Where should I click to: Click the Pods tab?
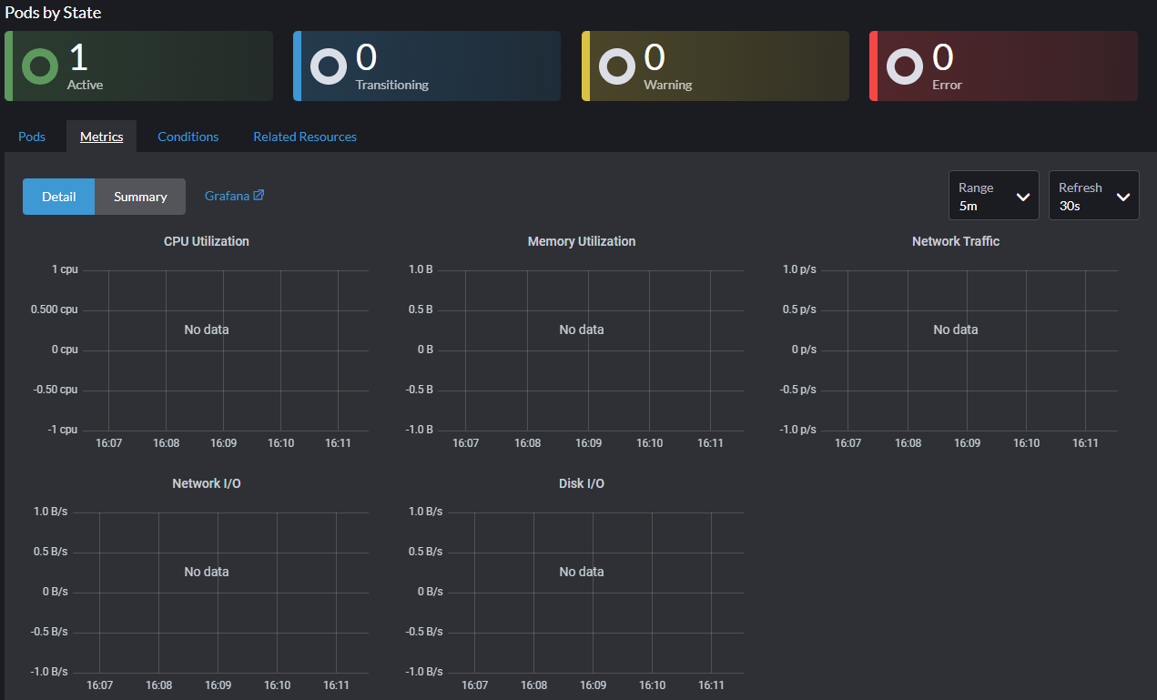click(x=32, y=137)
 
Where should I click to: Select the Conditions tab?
click(x=188, y=137)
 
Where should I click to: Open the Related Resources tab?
click(x=305, y=137)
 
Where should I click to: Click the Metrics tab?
click(x=101, y=137)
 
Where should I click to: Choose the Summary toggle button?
click(x=140, y=197)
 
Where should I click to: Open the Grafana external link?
click(x=234, y=196)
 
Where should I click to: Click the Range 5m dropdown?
click(x=993, y=196)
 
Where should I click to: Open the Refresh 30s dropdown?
click(x=1093, y=196)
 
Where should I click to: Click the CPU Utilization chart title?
click(x=207, y=241)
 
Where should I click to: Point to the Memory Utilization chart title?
click(x=582, y=241)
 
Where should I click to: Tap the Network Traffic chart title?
click(x=956, y=241)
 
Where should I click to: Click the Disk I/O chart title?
click(x=582, y=483)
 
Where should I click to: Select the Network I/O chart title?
click(x=207, y=483)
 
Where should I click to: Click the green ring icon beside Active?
click(x=40, y=66)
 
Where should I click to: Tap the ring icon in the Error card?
click(x=905, y=66)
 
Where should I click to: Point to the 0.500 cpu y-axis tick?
click(x=54, y=309)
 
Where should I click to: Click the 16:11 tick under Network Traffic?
click(x=1085, y=443)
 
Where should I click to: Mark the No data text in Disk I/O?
click(x=582, y=572)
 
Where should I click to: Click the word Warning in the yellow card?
click(x=667, y=85)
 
